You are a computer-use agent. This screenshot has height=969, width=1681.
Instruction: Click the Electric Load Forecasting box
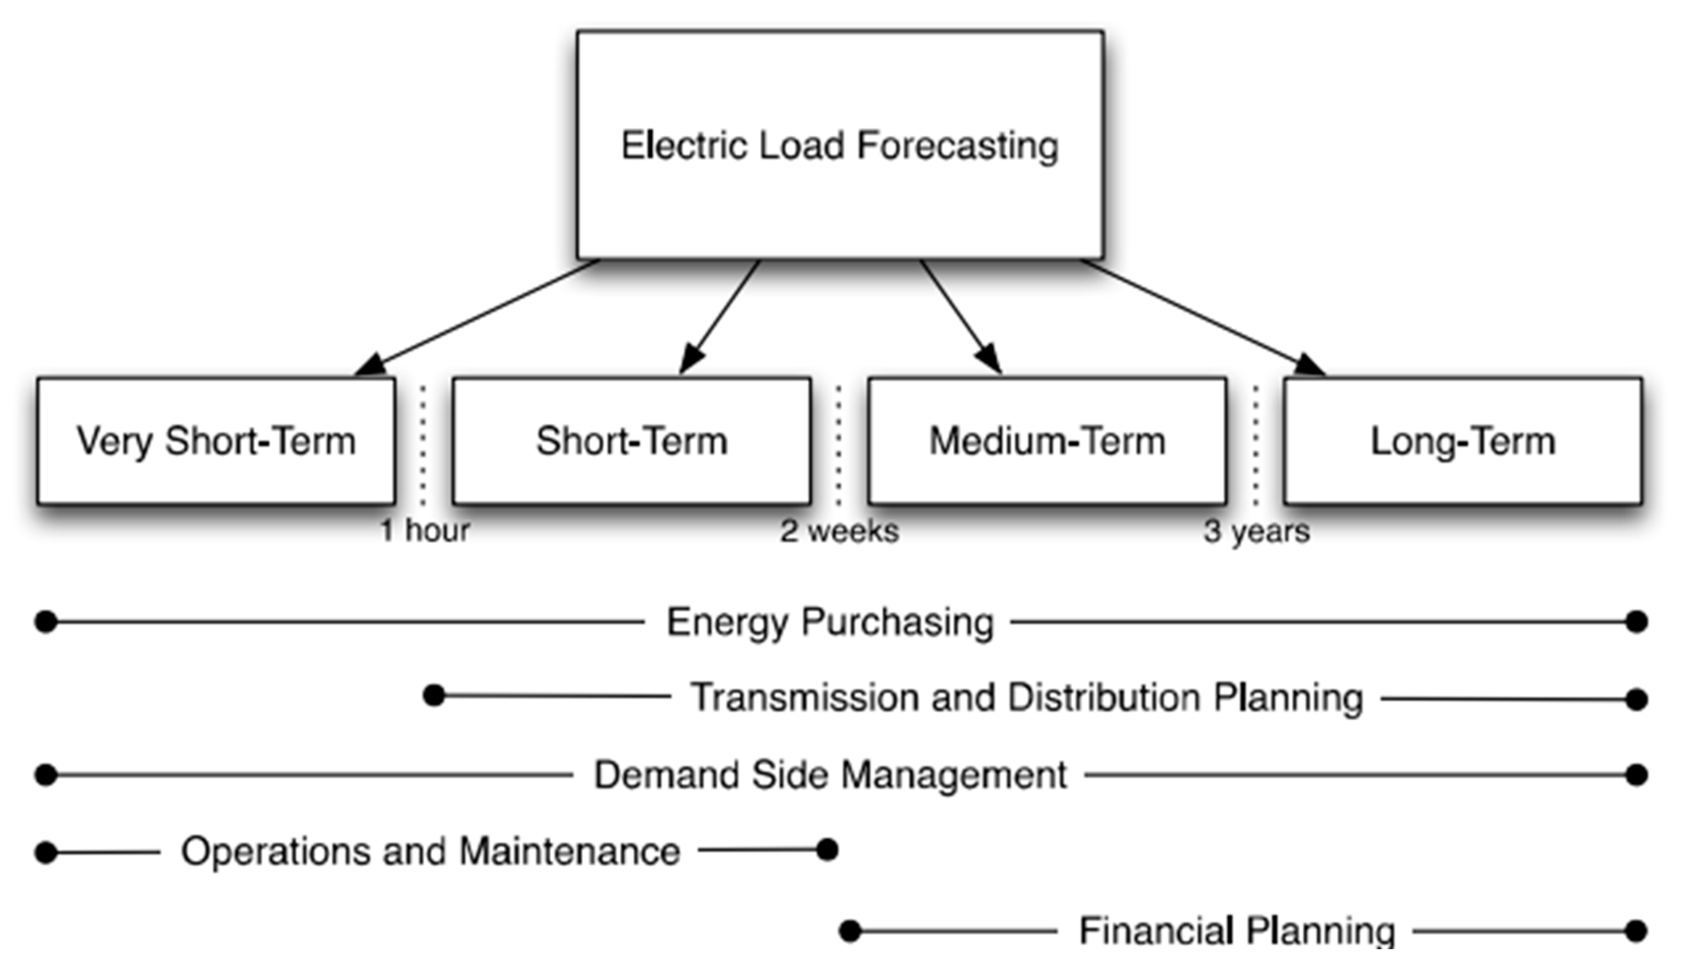tap(840, 145)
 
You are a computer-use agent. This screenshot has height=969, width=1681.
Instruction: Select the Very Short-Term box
tap(216, 440)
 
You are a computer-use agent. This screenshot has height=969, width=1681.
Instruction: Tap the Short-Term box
tap(632, 440)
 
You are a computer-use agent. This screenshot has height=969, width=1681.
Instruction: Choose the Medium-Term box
tap(1047, 440)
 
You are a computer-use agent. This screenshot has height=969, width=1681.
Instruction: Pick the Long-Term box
tap(1463, 440)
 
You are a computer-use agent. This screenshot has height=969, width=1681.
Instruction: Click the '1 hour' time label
tap(425, 531)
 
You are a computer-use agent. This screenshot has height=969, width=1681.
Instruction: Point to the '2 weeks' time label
tap(840, 531)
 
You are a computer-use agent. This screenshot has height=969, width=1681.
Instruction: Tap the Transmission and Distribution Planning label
tap(1027, 697)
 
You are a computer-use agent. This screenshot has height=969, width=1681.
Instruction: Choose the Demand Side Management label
tap(830, 775)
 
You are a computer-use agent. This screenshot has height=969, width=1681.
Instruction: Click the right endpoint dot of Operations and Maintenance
tap(827, 850)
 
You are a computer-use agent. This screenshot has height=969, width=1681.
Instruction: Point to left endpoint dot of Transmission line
tap(434, 696)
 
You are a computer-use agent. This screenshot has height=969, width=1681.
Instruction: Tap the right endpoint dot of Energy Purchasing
tap(1636, 622)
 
